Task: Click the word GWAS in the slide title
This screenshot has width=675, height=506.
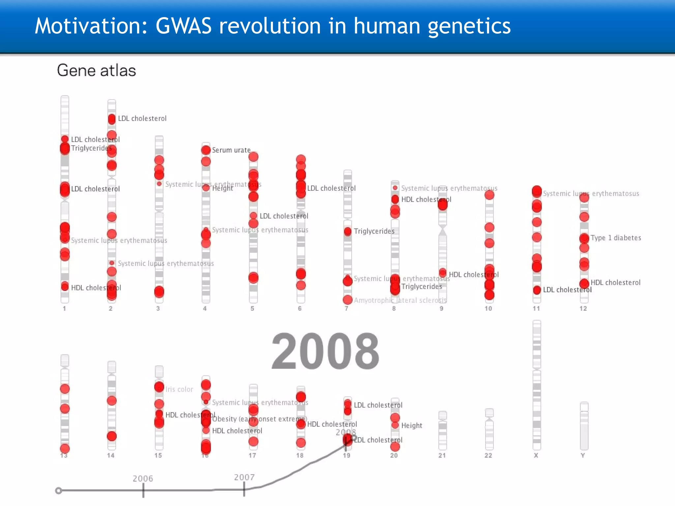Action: point(183,26)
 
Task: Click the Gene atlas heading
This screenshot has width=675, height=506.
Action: point(96,70)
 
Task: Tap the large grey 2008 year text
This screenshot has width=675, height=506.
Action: point(325,351)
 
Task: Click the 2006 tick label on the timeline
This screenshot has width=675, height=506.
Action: point(143,478)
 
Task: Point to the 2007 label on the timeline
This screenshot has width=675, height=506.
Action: point(244,477)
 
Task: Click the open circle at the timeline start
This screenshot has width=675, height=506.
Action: point(59,491)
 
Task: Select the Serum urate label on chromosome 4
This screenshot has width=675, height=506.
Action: point(231,150)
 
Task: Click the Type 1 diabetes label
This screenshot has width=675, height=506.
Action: point(615,238)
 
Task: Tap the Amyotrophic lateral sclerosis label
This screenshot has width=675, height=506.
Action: point(400,300)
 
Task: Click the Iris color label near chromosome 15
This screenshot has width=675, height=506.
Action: point(179,389)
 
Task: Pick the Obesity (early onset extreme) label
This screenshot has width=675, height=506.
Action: point(259,419)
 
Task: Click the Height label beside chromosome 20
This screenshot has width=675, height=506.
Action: point(411,426)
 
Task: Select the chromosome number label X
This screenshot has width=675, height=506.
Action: point(536,455)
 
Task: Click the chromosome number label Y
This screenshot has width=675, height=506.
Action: point(583,455)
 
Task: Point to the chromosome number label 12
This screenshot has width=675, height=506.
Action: point(583,308)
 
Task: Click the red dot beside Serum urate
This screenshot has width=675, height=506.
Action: point(206,150)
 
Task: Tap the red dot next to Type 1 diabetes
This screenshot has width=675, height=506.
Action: point(584,238)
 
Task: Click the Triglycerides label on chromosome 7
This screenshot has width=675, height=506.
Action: point(374,231)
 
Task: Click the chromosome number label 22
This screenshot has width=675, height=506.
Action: point(488,455)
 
